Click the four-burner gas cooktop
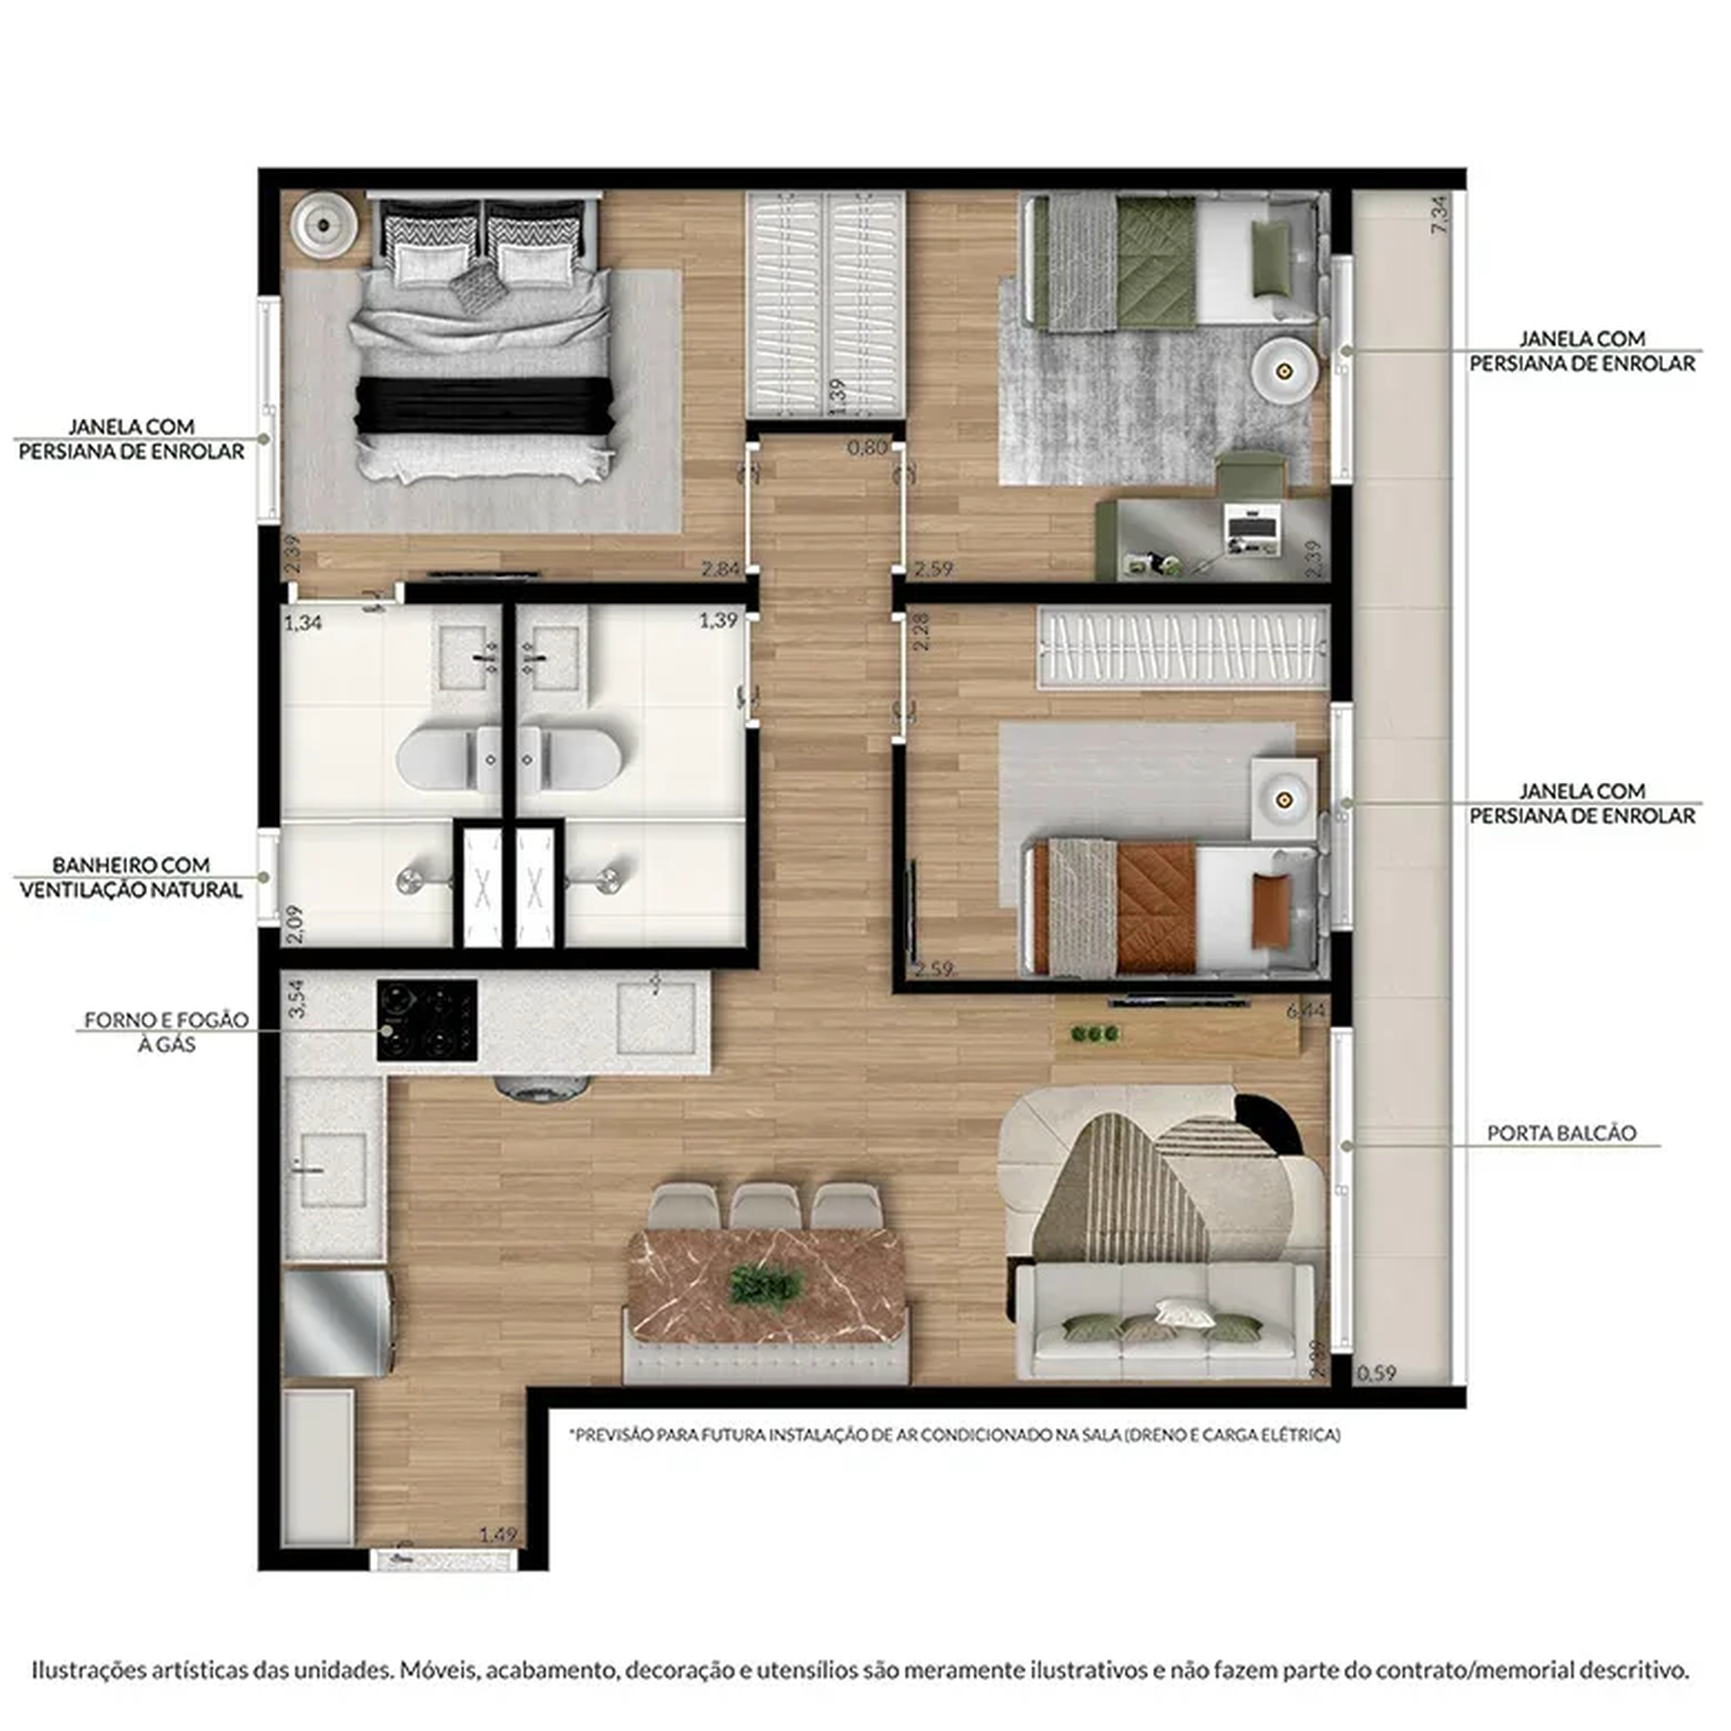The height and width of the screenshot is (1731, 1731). click(426, 1019)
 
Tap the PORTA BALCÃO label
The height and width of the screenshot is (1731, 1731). click(1561, 1133)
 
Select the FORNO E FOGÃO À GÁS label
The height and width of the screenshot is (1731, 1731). click(165, 1031)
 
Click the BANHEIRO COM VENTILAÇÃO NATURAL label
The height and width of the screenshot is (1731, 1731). click(131, 877)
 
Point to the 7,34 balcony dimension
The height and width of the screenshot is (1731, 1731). click(1439, 213)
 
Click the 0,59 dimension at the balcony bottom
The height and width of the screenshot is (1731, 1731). click(1375, 1373)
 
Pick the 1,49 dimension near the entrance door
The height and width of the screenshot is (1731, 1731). click(497, 1534)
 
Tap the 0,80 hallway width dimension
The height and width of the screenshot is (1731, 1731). click(866, 447)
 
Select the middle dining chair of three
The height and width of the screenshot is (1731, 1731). click(765, 1206)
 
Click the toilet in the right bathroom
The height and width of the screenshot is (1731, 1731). click(575, 759)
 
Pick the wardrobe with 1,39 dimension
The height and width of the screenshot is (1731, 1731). click(826, 304)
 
